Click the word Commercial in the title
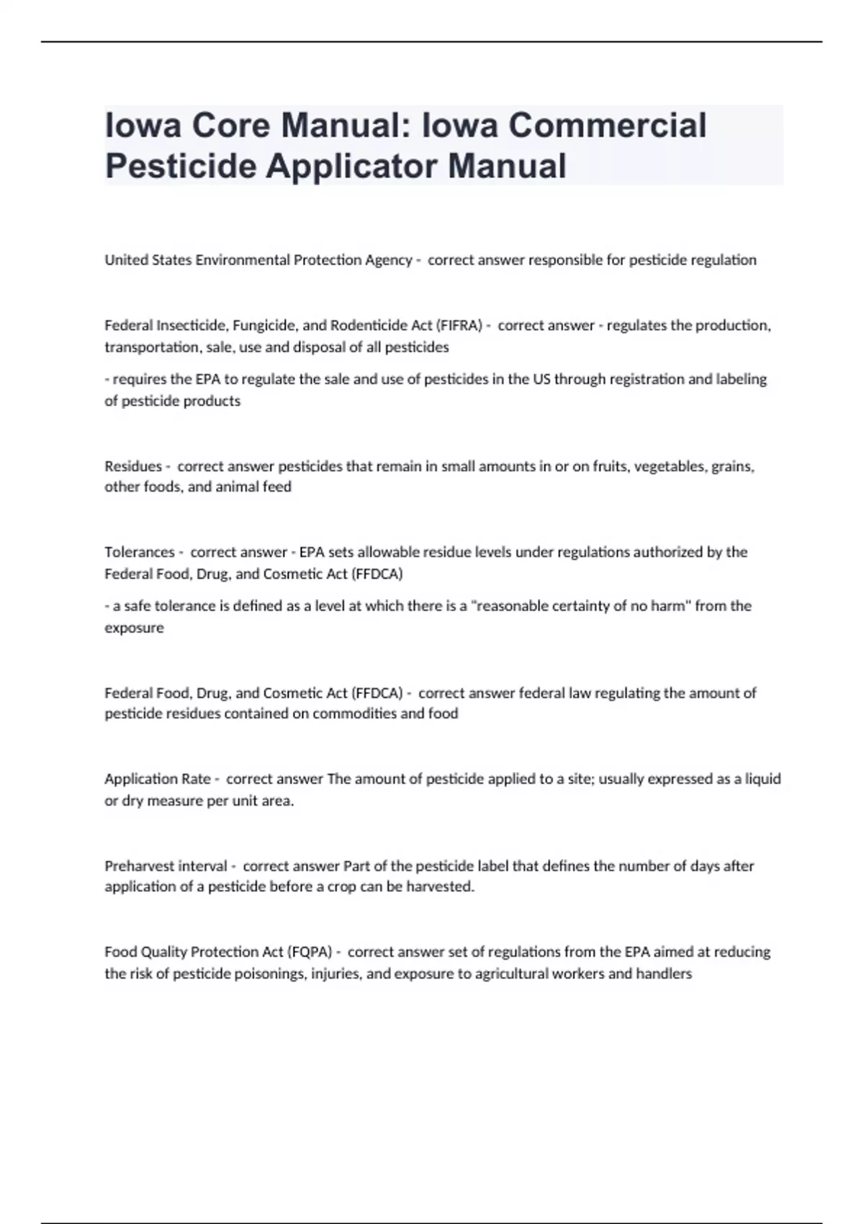click(608, 125)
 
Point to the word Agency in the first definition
click(388, 260)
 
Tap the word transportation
click(149, 347)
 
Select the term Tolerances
click(139, 552)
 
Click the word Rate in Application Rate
click(197, 779)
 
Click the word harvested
click(440, 887)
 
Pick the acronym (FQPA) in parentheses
click(310, 952)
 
